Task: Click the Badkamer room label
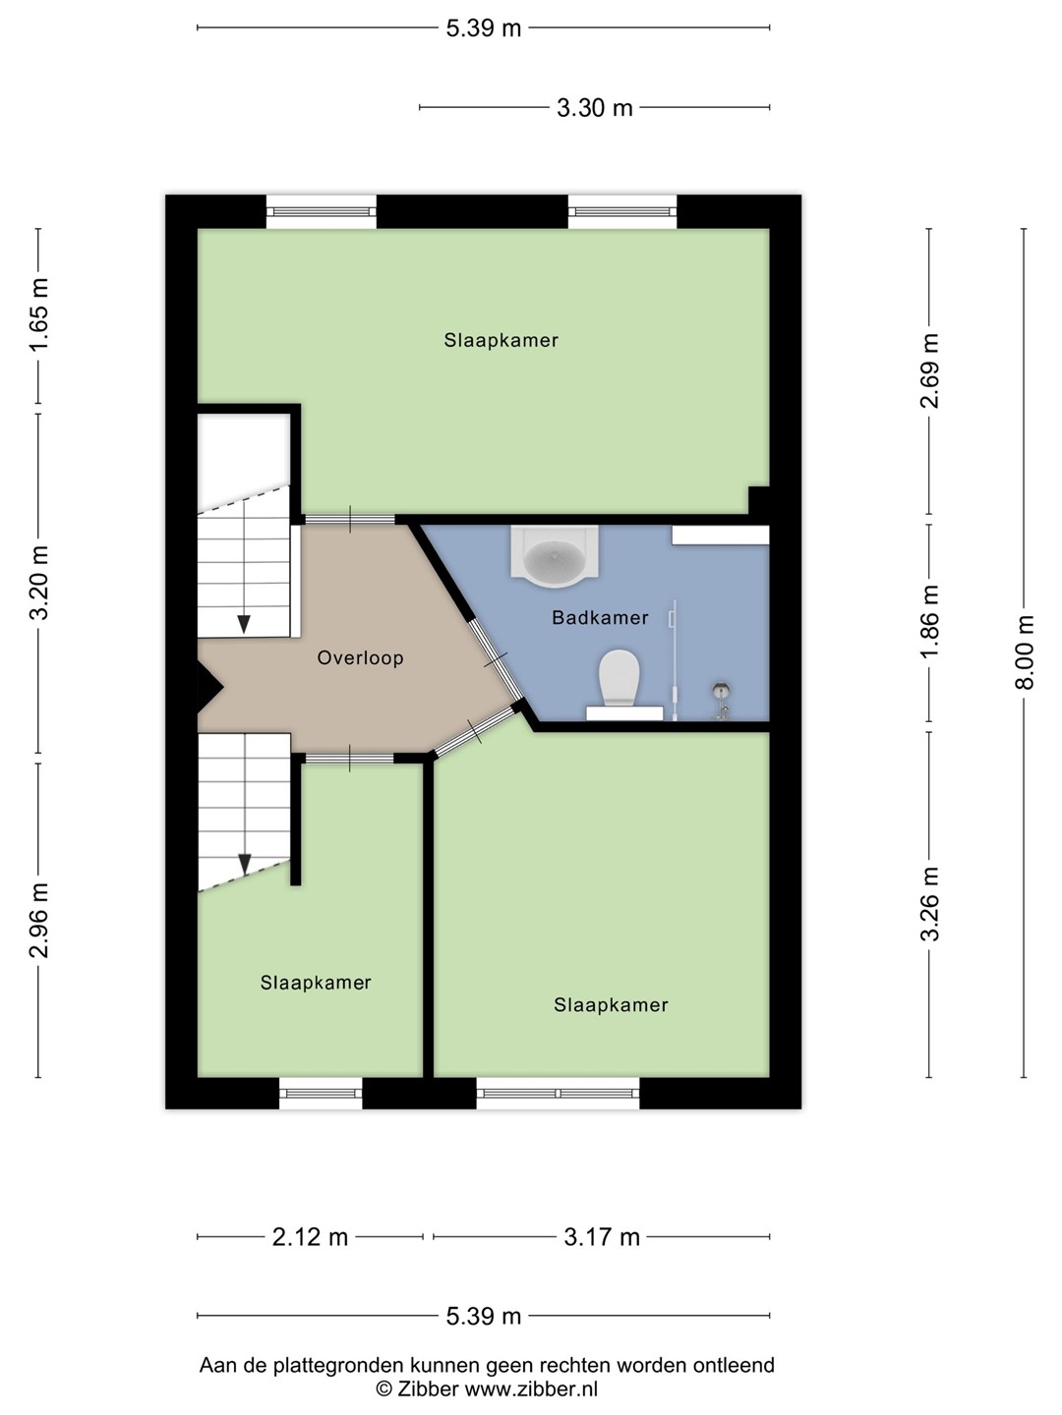(600, 617)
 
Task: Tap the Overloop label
(361, 657)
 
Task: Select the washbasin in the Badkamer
(555, 556)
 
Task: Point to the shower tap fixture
(721, 701)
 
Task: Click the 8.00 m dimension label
(1025, 652)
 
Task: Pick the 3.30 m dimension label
(595, 108)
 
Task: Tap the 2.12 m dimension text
(310, 1236)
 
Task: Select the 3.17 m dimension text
(602, 1236)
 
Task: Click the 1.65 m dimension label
(38, 314)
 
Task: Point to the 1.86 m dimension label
(929, 621)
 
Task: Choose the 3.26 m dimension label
(929, 904)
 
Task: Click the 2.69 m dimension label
(929, 370)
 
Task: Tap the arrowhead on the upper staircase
(244, 624)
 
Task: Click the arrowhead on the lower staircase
(245, 864)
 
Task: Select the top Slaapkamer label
(501, 340)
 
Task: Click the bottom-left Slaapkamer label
(316, 983)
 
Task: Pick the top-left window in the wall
(322, 211)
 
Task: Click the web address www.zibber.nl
(531, 1388)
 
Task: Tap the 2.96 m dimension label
(38, 920)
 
